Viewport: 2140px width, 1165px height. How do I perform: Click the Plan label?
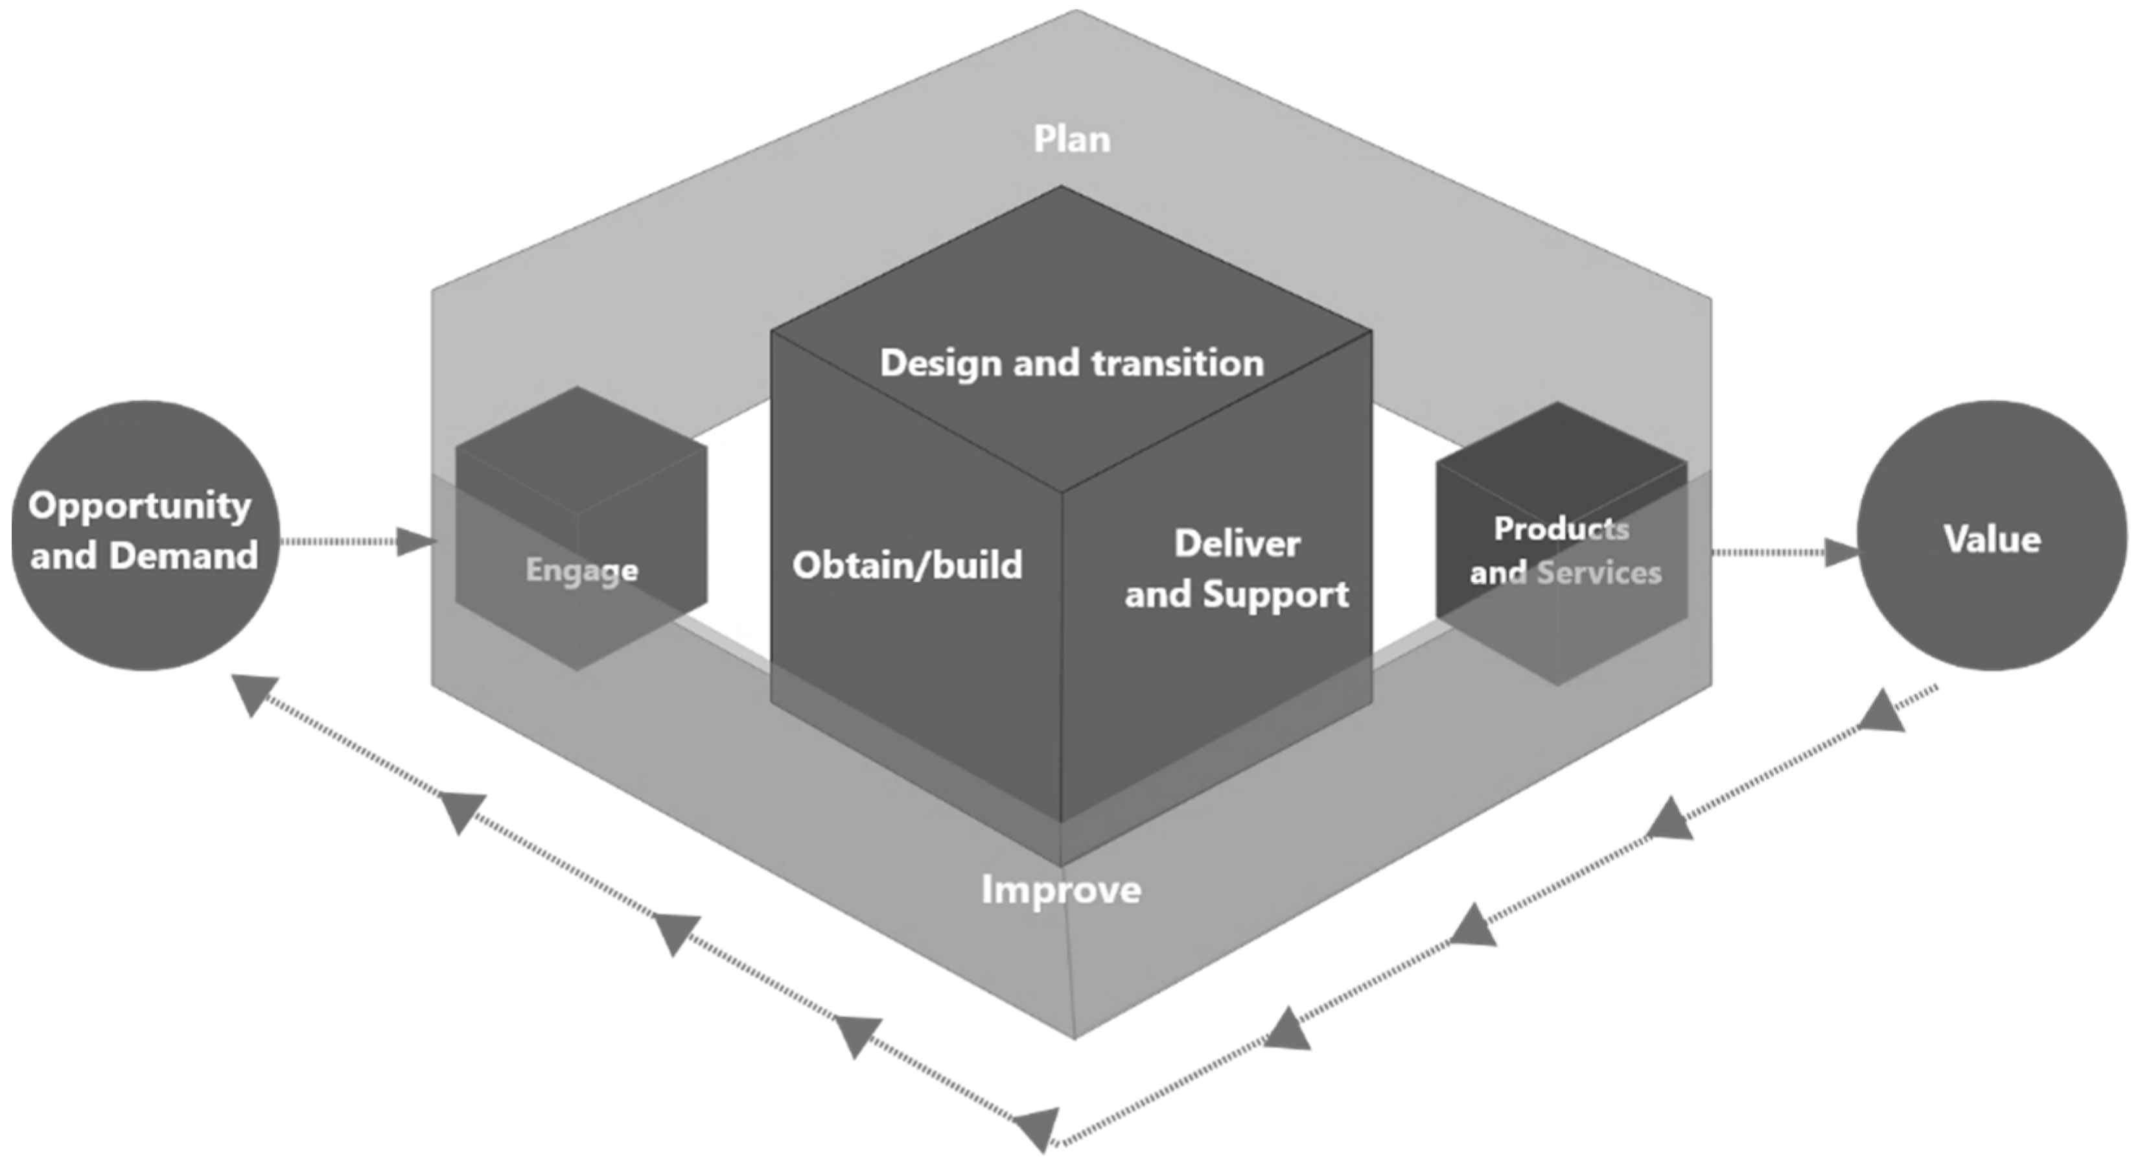(1072, 139)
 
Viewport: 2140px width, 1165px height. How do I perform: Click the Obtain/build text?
(907, 565)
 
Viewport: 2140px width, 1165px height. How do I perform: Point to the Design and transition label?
(1072, 363)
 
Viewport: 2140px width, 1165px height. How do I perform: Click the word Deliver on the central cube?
(1237, 545)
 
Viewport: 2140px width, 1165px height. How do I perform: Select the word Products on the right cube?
(1561, 528)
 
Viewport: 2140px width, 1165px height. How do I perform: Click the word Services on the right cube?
(1599, 572)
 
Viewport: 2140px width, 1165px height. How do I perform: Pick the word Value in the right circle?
(1992, 539)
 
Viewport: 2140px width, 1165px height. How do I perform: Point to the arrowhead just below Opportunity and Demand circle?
(254, 694)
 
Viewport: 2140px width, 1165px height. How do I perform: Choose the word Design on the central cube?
(940, 363)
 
